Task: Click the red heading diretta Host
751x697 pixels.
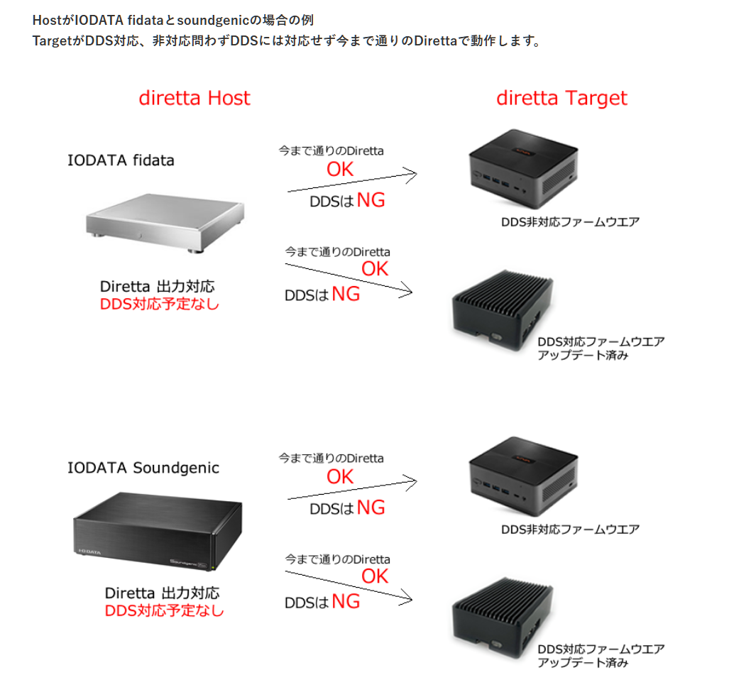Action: [194, 98]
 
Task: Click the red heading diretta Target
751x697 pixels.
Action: [561, 98]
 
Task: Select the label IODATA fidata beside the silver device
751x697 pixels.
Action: [121, 160]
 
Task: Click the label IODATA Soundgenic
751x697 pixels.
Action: [143, 468]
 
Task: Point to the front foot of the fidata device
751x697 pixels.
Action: [192, 250]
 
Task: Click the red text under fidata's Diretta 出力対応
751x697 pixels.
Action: [160, 304]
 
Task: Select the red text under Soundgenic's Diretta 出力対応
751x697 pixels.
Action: [164, 610]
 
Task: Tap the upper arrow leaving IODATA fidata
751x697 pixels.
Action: [351, 181]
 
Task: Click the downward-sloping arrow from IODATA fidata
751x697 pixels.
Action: [348, 277]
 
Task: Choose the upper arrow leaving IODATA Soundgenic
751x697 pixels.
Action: [351, 489]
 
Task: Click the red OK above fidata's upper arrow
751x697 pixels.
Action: [340, 169]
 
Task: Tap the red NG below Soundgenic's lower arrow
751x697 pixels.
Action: [346, 602]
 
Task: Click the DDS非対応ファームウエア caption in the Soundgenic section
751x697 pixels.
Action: [570, 529]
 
